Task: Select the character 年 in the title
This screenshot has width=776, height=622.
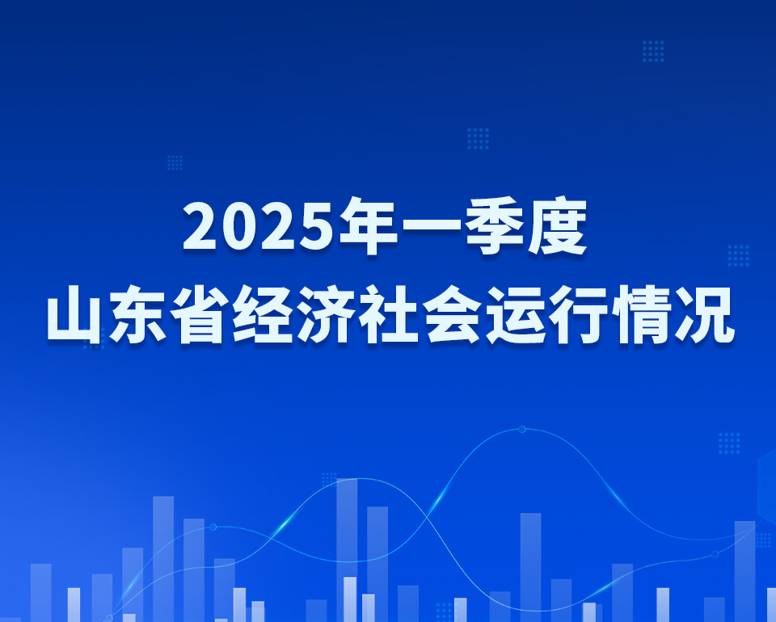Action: (x=369, y=225)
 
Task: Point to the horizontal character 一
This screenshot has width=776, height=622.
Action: (x=432, y=227)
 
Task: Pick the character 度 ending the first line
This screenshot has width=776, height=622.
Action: (x=557, y=225)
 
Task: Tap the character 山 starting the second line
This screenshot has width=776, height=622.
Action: (x=74, y=314)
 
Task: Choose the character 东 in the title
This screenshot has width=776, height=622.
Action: (x=137, y=314)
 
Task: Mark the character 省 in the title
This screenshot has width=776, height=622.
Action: (x=200, y=314)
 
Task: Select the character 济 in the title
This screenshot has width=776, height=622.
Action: (x=326, y=314)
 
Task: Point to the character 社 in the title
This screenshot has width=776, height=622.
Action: (x=389, y=314)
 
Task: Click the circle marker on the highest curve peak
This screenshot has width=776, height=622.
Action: (x=521, y=429)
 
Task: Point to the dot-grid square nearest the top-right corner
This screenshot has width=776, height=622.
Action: (x=653, y=52)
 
